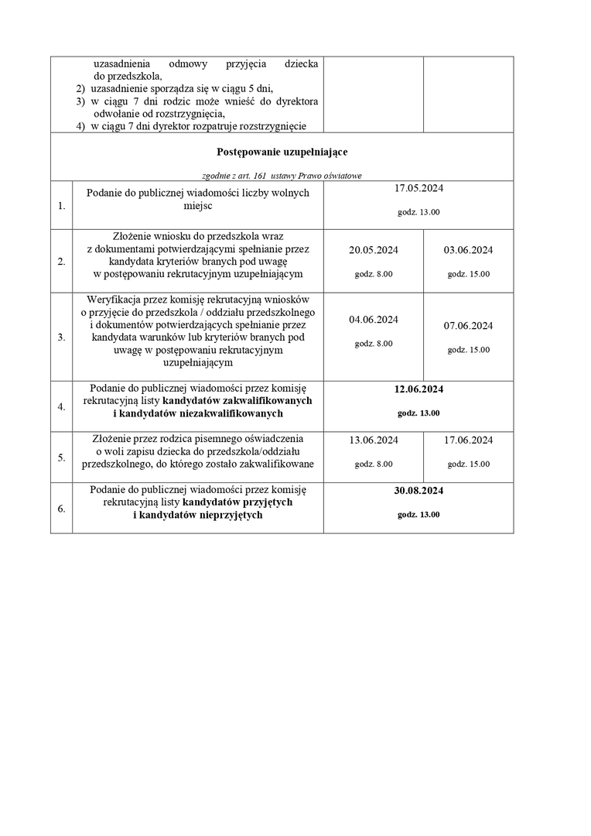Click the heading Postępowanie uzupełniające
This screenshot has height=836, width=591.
(x=282, y=152)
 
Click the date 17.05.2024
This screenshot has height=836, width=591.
(x=418, y=188)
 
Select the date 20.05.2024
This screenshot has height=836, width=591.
(x=374, y=250)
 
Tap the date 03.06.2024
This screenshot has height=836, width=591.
(x=468, y=250)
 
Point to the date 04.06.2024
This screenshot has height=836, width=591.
(x=374, y=319)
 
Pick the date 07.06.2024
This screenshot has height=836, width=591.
(x=468, y=325)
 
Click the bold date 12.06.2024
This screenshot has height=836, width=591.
(x=418, y=389)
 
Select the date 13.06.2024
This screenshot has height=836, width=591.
(x=374, y=440)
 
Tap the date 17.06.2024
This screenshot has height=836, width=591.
(x=468, y=440)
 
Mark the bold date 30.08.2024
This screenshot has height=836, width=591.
(x=418, y=490)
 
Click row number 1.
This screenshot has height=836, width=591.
(x=61, y=207)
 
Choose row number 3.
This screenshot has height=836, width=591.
(x=61, y=337)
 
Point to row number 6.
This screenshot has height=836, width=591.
(x=61, y=509)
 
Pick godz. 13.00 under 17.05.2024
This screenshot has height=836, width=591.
(x=418, y=212)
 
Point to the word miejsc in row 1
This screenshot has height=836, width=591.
(x=198, y=206)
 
